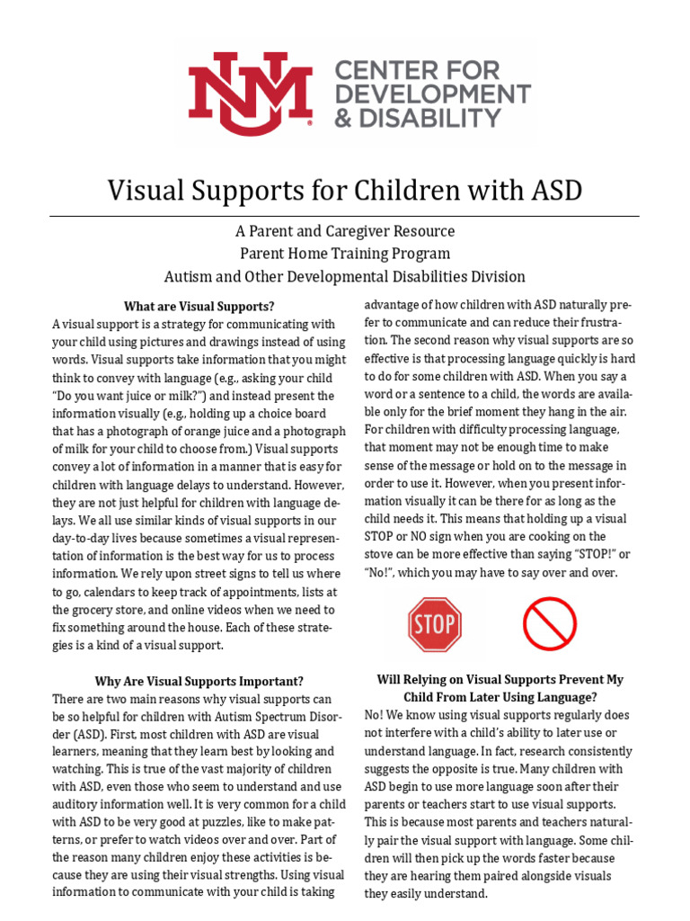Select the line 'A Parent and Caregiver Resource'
tap(345, 231)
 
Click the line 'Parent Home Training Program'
tap(345, 254)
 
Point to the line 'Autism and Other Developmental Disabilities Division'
tap(345, 277)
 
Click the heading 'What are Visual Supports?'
tap(199, 306)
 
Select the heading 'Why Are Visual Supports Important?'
tap(199, 681)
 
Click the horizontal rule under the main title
tap(345, 216)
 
